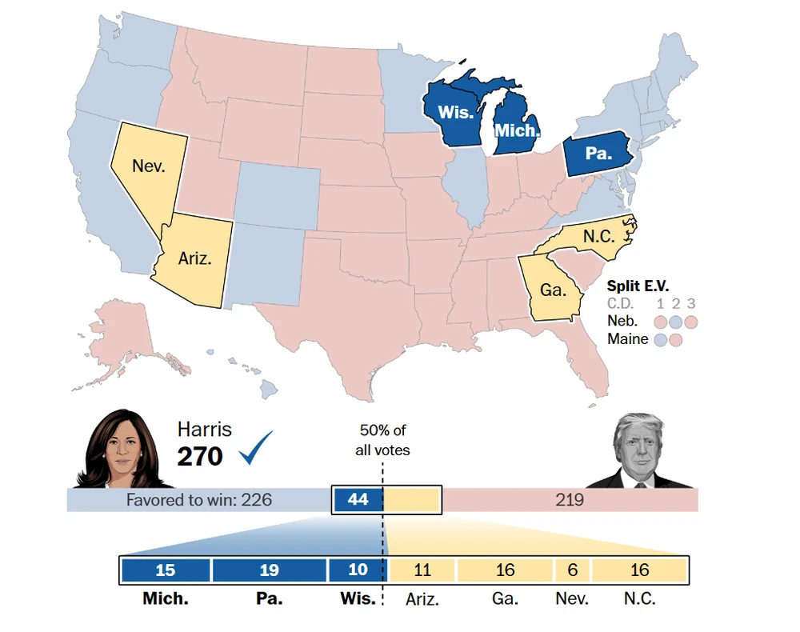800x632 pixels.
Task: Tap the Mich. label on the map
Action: pyautogui.click(x=518, y=130)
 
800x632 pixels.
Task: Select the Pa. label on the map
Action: pyautogui.click(x=598, y=153)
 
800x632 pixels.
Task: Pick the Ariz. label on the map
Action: pyautogui.click(x=195, y=259)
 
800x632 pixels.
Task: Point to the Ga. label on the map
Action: pyautogui.click(x=553, y=290)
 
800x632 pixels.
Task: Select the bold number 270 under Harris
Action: pyautogui.click(x=200, y=456)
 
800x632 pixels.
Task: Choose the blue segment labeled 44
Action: pyautogui.click(x=358, y=500)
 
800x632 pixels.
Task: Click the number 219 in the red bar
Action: pyautogui.click(x=570, y=500)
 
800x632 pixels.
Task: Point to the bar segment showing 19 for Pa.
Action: pyautogui.click(x=270, y=570)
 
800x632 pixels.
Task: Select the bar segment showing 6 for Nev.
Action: pyautogui.click(x=573, y=570)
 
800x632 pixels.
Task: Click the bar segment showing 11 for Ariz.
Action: pyautogui.click(x=422, y=570)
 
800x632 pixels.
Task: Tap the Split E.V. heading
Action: pyautogui.click(x=638, y=286)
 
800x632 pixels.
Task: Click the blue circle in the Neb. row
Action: pyautogui.click(x=676, y=322)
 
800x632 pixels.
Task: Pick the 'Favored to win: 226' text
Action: pyautogui.click(x=199, y=500)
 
